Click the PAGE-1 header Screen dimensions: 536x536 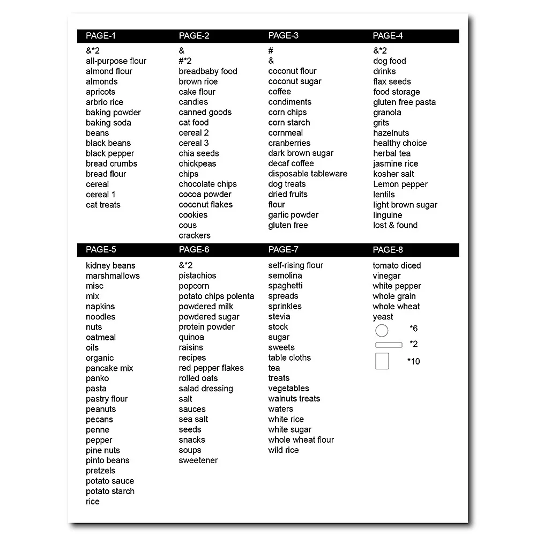pyautogui.click(x=101, y=36)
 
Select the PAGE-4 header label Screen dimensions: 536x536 pyautogui.click(x=388, y=36)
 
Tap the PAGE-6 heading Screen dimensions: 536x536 pyautogui.click(x=194, y=250)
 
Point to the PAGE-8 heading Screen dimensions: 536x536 pyautogui.click(x=388, y=250)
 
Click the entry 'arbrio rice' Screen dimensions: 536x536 pyautogui.click(x=105, y=102)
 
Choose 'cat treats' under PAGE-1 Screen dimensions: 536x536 pyautogui.click(x=103, y=205)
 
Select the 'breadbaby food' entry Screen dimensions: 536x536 pyautogui.click(x=208, y=71)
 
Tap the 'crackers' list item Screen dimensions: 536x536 pyautogui.click(x=195, y=235)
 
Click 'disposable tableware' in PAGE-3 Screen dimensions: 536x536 pyautogui.click(x=308, y=174)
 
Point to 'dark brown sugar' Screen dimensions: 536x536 pyautogui.click(x=301, y=153)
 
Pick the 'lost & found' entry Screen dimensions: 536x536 pyautogui.click(x=395, y=225)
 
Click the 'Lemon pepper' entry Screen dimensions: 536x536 pyautogui.click(x=400, y=184)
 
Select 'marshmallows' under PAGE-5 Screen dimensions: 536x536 pyautogui.click(x=113, y=276)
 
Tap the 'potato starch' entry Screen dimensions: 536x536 pyautogui.click(x=110, y=492)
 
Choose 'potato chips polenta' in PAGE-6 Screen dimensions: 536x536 pyautogui.click(x=217, y=296)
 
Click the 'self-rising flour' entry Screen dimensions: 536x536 pyautogui.click(x=296, y=265)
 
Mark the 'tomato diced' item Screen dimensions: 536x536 pyautogui.click(x=397, y=266)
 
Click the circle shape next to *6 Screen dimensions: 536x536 pyautogui.click(x=382, y=330)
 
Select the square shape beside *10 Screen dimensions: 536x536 pyautogui.click(x=382, y=361)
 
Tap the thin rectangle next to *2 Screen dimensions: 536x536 pyautogui.click(x=389, y=345)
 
